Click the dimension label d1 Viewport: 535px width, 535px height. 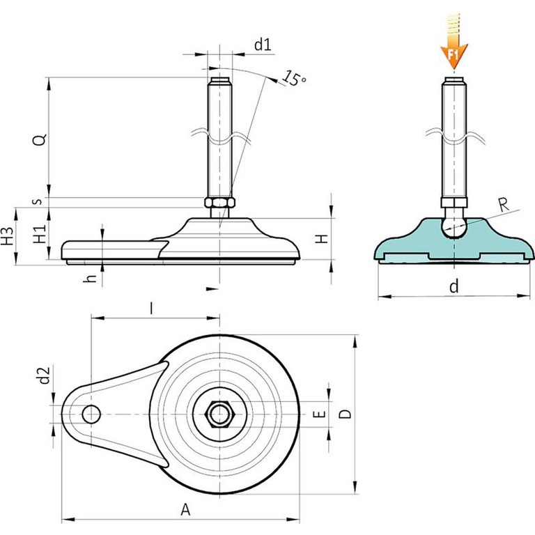pos(261,46)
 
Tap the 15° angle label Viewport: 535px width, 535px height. pos(295,79)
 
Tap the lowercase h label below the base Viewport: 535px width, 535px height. pos(89,278)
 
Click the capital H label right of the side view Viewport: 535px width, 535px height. pos(321,239)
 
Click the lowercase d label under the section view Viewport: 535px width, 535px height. pos(453,286)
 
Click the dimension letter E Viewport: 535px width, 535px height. pos(320,415)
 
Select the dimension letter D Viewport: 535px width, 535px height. pos(344,414)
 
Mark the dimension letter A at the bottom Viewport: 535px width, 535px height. pos(185,509)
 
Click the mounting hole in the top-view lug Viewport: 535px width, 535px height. pos(90,414)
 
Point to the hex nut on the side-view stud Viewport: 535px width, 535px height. pos(219,203)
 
